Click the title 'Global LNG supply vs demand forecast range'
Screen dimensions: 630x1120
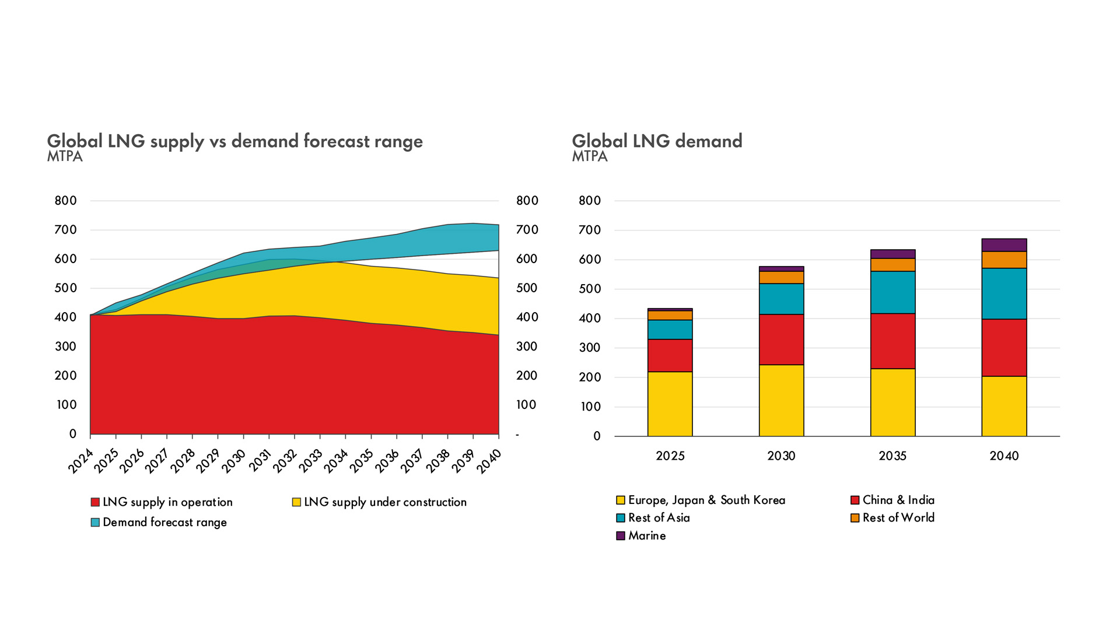click(x=235, y=141)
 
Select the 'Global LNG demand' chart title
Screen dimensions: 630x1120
click(x=657, y=141)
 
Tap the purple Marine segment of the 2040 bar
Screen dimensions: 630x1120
click(x=1004, y=245)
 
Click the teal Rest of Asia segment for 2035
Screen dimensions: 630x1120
click(x=892, y=292)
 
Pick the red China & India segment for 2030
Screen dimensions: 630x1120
click(x=781, y=339)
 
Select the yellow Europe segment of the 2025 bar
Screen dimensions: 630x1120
click(x=670, y=404)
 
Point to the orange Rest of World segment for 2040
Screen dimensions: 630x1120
click(x=1004, y=260)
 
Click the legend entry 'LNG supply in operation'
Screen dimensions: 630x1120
click(x=167, y=502)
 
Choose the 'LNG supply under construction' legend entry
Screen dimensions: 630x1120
click(x=385, y=502)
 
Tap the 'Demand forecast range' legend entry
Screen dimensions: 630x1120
click(x=164, y=522)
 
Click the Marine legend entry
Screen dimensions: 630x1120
click(x=646, y=535)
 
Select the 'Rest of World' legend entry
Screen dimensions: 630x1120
click(x=898, y=518)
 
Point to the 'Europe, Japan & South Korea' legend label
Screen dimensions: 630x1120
click(x=706, y=501)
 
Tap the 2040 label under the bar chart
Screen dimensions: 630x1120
click(x=1004, y=456)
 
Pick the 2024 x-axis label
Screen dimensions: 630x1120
click(x=80, y=461)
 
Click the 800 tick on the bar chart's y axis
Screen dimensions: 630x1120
click(x=589, y=201)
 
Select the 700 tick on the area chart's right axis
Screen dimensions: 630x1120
click(x=527, y=230)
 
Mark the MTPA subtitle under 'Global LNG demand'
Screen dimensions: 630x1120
click(x=590, y=157)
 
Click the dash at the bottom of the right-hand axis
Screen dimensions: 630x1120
click(x=517, y=435)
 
